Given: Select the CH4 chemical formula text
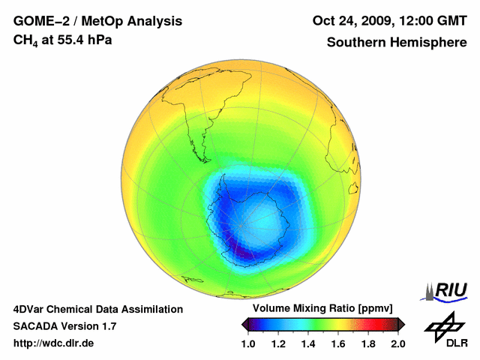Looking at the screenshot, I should coord(25,40).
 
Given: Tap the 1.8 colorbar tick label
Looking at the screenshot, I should coord(367,343).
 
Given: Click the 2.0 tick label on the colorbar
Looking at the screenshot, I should coord(397,343).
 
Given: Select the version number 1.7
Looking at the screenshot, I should coord(107,326).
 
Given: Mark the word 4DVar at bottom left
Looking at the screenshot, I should coord(31,309).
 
